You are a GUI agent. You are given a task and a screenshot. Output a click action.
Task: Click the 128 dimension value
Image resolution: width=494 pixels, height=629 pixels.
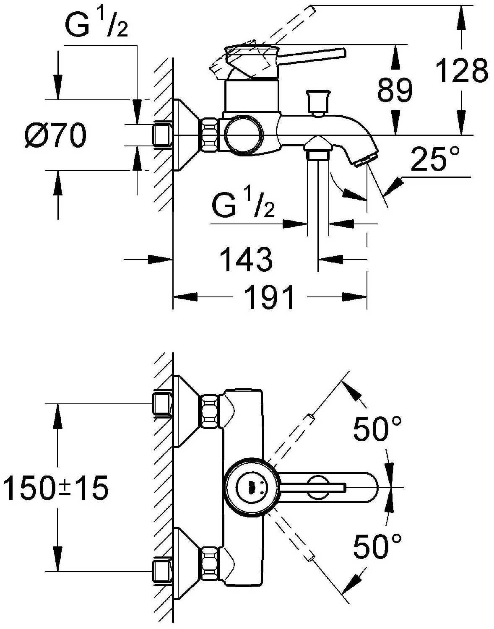click(462, 70)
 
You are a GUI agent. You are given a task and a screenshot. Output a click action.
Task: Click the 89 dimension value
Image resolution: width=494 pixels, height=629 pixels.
click(395, 90)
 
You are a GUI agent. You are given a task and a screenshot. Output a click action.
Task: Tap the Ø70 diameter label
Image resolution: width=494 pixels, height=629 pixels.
click(55, 136)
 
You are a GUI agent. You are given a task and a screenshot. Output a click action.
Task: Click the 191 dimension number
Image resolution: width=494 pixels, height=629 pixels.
click(269, 297)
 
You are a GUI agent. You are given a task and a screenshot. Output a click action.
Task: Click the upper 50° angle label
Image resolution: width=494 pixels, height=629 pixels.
click(377, 429)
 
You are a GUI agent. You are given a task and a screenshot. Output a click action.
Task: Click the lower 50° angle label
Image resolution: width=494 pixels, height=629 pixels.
click(377, 546)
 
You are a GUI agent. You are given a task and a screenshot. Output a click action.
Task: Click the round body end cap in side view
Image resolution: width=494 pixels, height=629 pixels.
click(243, 135)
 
